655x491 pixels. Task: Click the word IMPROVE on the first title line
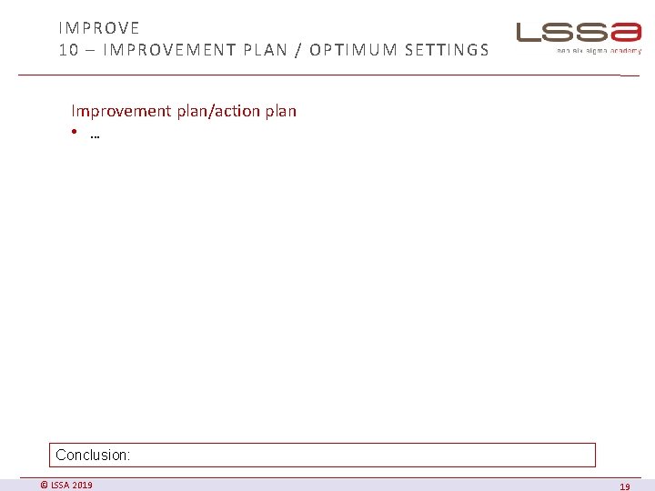(x=99, y=28)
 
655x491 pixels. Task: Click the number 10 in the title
(x=68, y=50)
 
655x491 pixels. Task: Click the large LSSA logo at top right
(x=579, y=34)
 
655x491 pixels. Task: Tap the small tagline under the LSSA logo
(x=599, y=51)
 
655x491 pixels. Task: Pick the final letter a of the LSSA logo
(x=626, y=33)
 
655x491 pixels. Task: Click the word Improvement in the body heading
(x=121, y=111)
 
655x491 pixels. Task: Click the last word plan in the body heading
(x=281, y=111)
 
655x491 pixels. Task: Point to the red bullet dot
(x=74, y=135)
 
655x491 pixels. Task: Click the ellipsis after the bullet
(x=95, y=137)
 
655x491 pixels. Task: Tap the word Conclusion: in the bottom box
(x=93, y=455)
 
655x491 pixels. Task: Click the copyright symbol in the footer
(x=44, y=485)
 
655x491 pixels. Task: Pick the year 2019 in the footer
(x=82, y=485)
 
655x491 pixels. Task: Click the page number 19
(x=624, y=486)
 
